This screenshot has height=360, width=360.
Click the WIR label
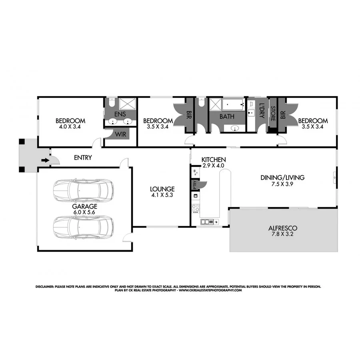click(120, 135)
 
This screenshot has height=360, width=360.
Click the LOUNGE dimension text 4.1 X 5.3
click(162, 196)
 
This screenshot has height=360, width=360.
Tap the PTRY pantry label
click(195, 184)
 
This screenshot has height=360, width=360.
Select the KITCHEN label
click(214, 159)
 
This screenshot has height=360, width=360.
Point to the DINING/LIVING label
click(282, 177)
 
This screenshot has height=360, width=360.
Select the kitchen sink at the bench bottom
click(207, 221)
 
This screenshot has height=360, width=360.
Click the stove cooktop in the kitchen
click(196, 208)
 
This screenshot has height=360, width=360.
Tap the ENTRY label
click(83, 158)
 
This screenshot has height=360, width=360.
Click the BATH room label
click(226, 118)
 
